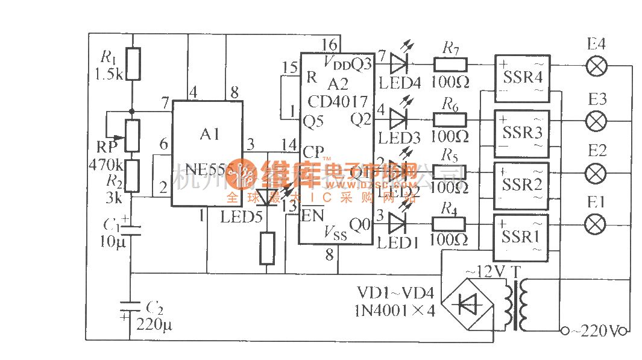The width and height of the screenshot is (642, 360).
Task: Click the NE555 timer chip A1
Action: click(x=207, y=153)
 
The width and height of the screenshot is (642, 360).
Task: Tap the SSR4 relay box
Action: click(x=522, y=77)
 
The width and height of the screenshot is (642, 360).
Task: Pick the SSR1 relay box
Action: click(x=522, y=238)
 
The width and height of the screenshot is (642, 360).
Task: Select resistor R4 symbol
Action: click(x=449, y=224)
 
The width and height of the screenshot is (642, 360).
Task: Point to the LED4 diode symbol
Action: click(x=399, y=63)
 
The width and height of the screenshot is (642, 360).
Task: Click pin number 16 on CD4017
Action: click(x=329, y=45)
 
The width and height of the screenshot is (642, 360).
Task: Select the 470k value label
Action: click(x=105, y=164)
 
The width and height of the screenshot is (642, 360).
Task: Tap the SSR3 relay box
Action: click(x=522, y=133)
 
